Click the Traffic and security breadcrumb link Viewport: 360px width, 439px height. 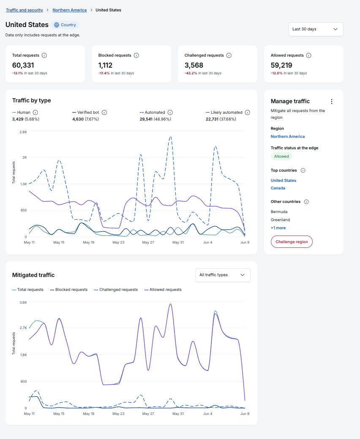25,10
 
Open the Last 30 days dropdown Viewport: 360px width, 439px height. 316,29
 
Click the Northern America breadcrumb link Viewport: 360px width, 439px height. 69,10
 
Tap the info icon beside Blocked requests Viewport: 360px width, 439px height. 136,55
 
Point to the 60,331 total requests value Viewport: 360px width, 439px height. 23,65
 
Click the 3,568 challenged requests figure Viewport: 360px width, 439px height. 194,65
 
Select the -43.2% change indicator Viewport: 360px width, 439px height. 191,73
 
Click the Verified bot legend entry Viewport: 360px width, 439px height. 86,112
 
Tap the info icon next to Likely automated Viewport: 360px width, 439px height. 248,112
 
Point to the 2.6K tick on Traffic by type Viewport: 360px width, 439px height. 23,132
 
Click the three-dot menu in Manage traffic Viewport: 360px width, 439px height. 332,102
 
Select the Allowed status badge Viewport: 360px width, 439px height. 281,156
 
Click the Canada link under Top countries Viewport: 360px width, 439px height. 278,188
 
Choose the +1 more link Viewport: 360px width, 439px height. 278,228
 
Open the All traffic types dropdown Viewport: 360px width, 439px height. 223,275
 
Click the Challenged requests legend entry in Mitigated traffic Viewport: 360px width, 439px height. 116,290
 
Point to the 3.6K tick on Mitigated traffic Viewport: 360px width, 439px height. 23,302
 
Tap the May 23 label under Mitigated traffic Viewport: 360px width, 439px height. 118,414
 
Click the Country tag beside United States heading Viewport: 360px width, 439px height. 65,25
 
